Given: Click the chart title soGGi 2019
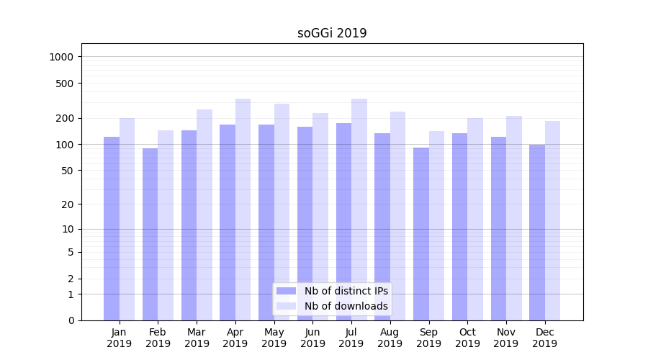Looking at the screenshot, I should tap(332, 33).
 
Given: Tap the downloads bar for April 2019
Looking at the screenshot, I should tap(243, 210).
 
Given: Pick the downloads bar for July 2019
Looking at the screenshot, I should tap(359, 210).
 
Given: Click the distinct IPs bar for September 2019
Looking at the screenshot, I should tap(421, 234).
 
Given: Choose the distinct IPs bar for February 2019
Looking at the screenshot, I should tap(150, 234).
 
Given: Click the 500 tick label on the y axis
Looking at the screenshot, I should tap(65, 84).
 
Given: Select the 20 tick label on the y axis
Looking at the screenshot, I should tap(67, 204).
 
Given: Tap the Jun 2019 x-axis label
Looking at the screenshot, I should tap(312, 338).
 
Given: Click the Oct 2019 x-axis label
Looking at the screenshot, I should tap(467, 338).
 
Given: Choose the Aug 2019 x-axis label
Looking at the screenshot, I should tap(390, 338).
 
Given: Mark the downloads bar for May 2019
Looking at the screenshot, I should tap(282, 212).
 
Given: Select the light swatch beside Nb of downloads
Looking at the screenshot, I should tap(286, 306).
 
